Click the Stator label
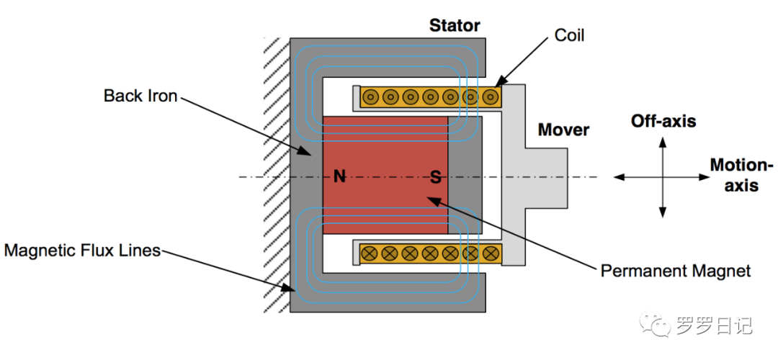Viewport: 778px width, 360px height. click(x=455, y=25)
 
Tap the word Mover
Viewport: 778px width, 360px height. click(x=563, y=130)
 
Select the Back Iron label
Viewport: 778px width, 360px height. click(x=140, y=96)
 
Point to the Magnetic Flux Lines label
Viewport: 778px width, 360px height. click(x=82, y=251)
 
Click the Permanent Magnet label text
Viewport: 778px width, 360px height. click(x=676, y=271)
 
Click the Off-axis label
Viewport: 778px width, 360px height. click(x=663, y=121)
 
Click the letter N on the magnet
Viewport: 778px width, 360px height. click(x=339, y=177)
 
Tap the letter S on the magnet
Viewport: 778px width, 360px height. click(x=435, y=177)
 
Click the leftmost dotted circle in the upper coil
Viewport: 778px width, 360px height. click(x=370, y=96)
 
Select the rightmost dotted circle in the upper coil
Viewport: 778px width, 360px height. click(x=491, y=96)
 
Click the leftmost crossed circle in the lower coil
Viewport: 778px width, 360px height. click(x=370, y=253)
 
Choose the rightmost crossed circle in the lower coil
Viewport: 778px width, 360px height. click(x=491, y=253)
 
